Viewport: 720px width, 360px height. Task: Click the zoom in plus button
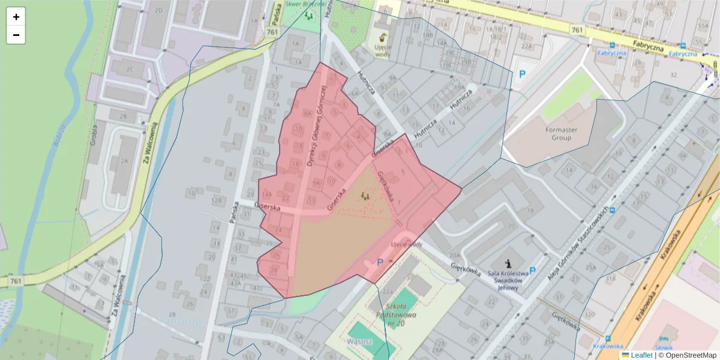point(16,17)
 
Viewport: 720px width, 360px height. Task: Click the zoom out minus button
point(16,35)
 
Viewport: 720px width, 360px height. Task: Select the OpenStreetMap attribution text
point(687,355)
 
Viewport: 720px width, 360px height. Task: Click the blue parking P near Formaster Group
point(522,74)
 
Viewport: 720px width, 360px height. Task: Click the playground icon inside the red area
point(365,195)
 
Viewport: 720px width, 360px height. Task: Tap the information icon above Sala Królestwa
point(509,263)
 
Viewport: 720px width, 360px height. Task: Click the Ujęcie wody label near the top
point(382,50)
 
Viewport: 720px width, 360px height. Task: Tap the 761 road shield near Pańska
point(272,32)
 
